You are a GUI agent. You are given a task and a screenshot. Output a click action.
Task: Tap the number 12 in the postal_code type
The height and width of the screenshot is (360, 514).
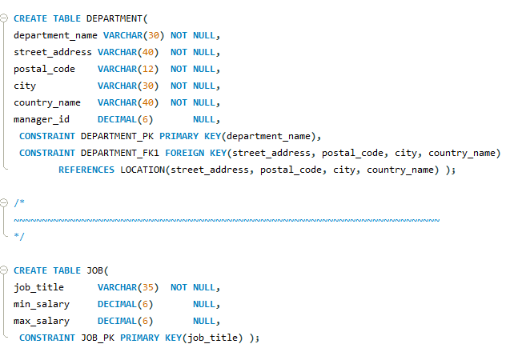pyautogui.click(x=148, y=69)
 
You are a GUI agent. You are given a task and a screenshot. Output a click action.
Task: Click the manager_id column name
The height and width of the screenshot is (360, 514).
pyautogui.click(x=42, y=119)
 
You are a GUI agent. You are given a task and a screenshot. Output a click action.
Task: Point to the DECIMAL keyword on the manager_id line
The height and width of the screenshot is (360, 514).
pyautogui.click(x=118, y=119)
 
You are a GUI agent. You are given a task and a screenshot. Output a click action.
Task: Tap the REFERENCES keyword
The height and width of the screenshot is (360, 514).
pyautogui.click(x=86, y=170)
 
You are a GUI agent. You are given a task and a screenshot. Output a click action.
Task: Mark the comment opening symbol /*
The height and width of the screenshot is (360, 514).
pyautogui.click(x=19, y=203)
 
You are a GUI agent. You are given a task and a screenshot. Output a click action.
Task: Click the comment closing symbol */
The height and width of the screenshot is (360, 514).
pyautogui.click(x=19, y=237)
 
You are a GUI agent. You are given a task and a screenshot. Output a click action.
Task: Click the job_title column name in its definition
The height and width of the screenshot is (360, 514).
pyautogui.click(x=38, y=287)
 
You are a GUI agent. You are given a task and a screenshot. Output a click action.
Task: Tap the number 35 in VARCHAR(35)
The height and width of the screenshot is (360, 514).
pyautogui.click(x=148, y=287)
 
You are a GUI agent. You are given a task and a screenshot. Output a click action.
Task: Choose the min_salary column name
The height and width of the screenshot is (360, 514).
pyautogui.click(x=42, y=304)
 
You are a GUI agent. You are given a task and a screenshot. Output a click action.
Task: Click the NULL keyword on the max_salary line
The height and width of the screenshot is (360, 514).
pyautogui.click(x=204, y=321)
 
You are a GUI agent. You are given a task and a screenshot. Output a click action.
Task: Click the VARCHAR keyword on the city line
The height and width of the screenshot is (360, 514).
pyautogui.click(x=118, y=86)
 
